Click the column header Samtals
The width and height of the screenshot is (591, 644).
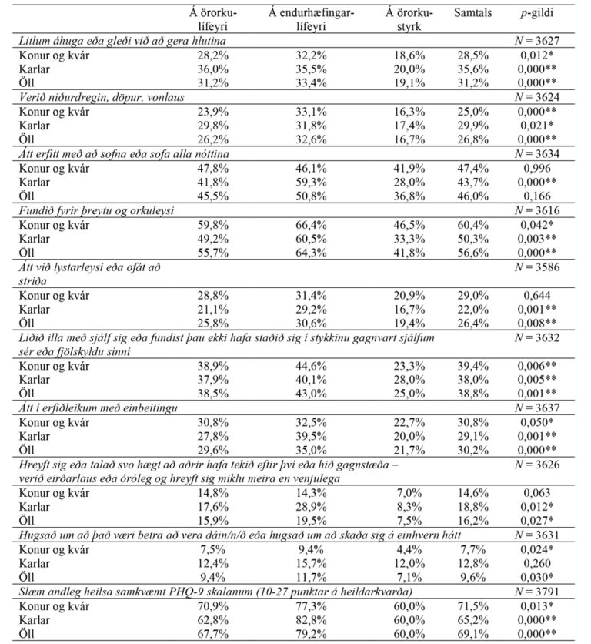click(x=469, y=13)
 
